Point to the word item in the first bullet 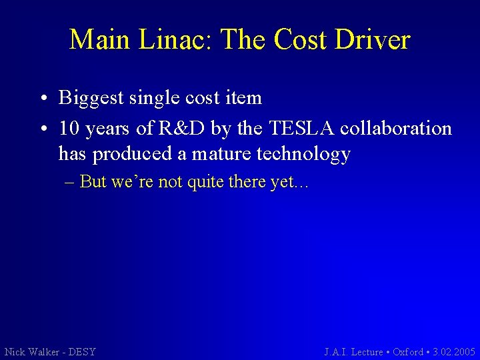(x=243, y=98)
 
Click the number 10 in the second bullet (x=69, y=127)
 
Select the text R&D (x=177, y=127)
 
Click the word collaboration (x=396, y=127)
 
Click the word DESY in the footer (x=81, y=351)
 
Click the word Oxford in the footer (x=407, y=351)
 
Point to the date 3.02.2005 (x=454, y=351)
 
